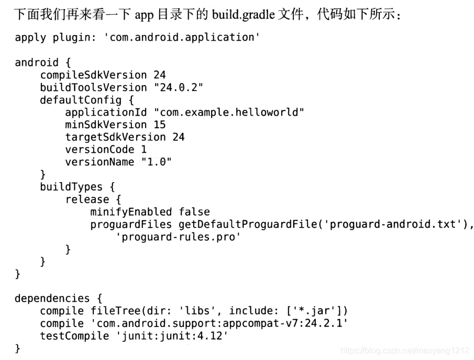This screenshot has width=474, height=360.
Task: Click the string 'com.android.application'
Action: [184, 38]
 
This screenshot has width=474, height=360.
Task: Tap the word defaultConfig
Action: [81, 100]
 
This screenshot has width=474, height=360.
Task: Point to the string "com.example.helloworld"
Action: [229, 113]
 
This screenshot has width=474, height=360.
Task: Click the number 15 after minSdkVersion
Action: [159, 125]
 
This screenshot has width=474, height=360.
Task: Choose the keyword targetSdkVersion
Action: [115, 137]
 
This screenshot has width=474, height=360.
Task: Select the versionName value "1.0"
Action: [156, 162]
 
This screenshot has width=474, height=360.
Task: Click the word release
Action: [87, 199]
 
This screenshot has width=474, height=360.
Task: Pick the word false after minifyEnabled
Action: [194, 212]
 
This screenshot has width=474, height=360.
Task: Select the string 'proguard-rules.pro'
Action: [178, 237]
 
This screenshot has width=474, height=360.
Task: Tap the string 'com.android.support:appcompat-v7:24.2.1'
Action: [219, 323]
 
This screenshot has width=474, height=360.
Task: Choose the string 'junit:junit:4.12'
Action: [172, 335]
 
